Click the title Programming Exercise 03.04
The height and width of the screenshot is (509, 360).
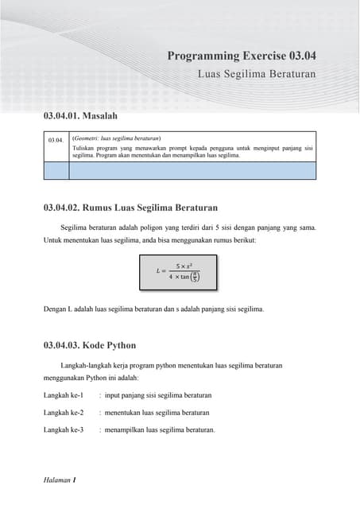242,56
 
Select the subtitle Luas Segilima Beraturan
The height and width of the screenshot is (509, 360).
257,73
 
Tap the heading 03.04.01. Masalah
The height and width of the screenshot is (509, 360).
80,116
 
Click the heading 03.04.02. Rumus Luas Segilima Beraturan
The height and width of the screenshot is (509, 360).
130,208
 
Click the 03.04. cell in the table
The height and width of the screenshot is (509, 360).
55,140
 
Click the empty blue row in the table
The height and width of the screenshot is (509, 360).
180,169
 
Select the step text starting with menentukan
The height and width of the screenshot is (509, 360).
157,413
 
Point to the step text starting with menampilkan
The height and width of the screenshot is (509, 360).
160,430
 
